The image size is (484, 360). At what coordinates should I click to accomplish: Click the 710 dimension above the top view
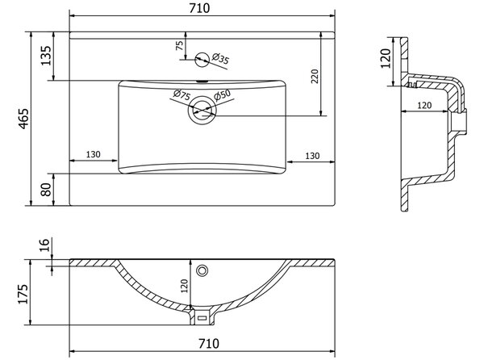[x=199, y=8]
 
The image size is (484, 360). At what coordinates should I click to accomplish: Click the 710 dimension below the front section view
[x=209, y=343]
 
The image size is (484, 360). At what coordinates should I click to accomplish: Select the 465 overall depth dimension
[x=23, y=119]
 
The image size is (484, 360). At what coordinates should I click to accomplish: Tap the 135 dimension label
[x=46, y=56]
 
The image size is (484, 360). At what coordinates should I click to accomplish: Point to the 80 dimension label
[x=46, y=189]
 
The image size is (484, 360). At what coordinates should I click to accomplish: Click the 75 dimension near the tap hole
[x=179, y=45]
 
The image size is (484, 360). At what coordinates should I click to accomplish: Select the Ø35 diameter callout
[x=220, y=58]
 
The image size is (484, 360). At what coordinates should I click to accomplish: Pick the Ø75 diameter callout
[x=181, y=94]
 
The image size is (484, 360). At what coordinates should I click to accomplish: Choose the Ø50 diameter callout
[x=223, y=95]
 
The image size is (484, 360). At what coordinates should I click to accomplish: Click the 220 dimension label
[x=315, y=76]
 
